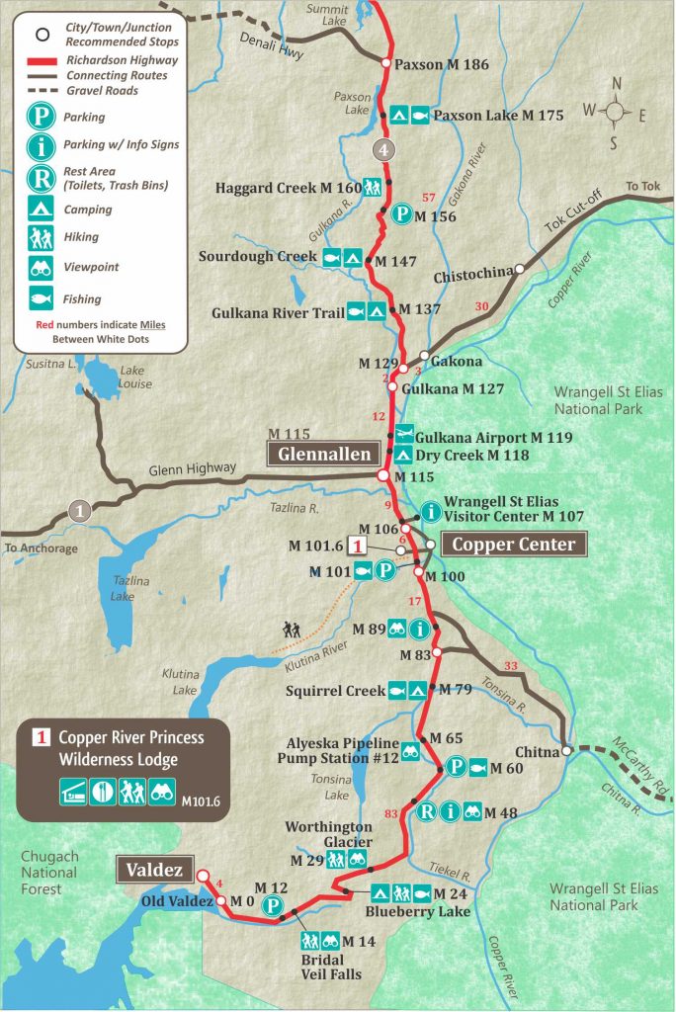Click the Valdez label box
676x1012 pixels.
point(155,871)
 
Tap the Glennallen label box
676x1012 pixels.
point(321,454)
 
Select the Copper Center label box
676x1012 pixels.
point(513,544)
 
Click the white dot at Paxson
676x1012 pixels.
point(385,64)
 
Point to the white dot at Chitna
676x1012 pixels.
point(566,751)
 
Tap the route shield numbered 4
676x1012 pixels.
point(383,151)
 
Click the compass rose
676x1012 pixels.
point(616,112)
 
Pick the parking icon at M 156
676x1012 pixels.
point(400,214)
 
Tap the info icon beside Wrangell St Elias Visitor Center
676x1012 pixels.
point(431,511)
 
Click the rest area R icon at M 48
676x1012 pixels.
point(427,813)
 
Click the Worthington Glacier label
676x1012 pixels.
point(329,834)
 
